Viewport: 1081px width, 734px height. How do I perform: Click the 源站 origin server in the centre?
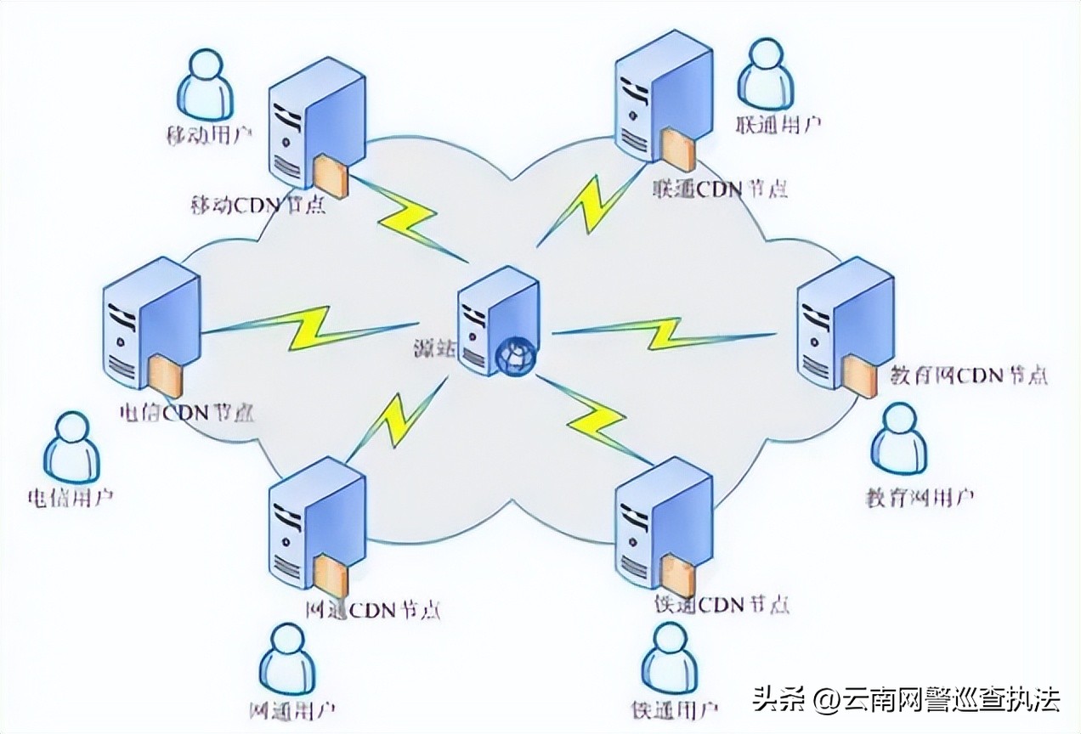click(x=496, y=319)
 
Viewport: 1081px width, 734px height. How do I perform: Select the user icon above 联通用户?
click(x=765, y=72)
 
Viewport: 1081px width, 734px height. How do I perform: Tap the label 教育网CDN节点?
click(x=968, y=374)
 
